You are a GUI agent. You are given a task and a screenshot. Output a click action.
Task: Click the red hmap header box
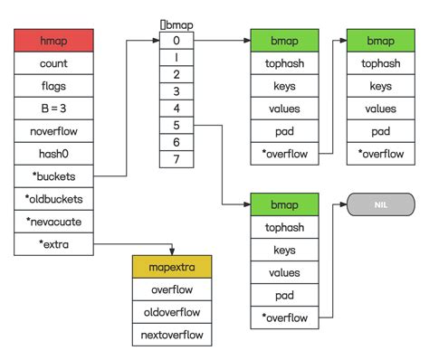coord(53,42)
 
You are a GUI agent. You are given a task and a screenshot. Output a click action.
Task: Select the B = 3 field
coord(53,109)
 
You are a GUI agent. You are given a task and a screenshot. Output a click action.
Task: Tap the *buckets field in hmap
coord(53,175)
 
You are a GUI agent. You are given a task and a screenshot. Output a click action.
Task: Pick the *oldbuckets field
coord(53,198)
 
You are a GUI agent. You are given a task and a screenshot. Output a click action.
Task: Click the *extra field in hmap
coord(53,243)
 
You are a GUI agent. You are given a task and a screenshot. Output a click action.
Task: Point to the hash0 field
coord(53,153)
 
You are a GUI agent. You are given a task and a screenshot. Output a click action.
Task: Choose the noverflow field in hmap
coord(53,131)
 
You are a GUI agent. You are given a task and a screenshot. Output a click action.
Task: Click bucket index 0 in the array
coord(176,41)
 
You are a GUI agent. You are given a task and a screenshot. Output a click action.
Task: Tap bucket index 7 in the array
coord(176,160)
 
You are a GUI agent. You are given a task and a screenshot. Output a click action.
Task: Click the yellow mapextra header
coord(171,268)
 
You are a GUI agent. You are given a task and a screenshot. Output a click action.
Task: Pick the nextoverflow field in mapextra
coord(171,335)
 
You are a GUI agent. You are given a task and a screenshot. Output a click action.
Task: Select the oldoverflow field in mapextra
coord(171,313)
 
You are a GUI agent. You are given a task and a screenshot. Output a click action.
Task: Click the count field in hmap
coord(53,64)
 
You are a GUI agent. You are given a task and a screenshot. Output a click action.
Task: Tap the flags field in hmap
coord(53,87)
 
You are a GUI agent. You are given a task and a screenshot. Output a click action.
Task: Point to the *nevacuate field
coord(53,221)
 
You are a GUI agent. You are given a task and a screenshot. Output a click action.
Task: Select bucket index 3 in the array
coord(176,92)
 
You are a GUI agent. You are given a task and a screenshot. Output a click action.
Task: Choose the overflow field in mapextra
coord(171,290)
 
